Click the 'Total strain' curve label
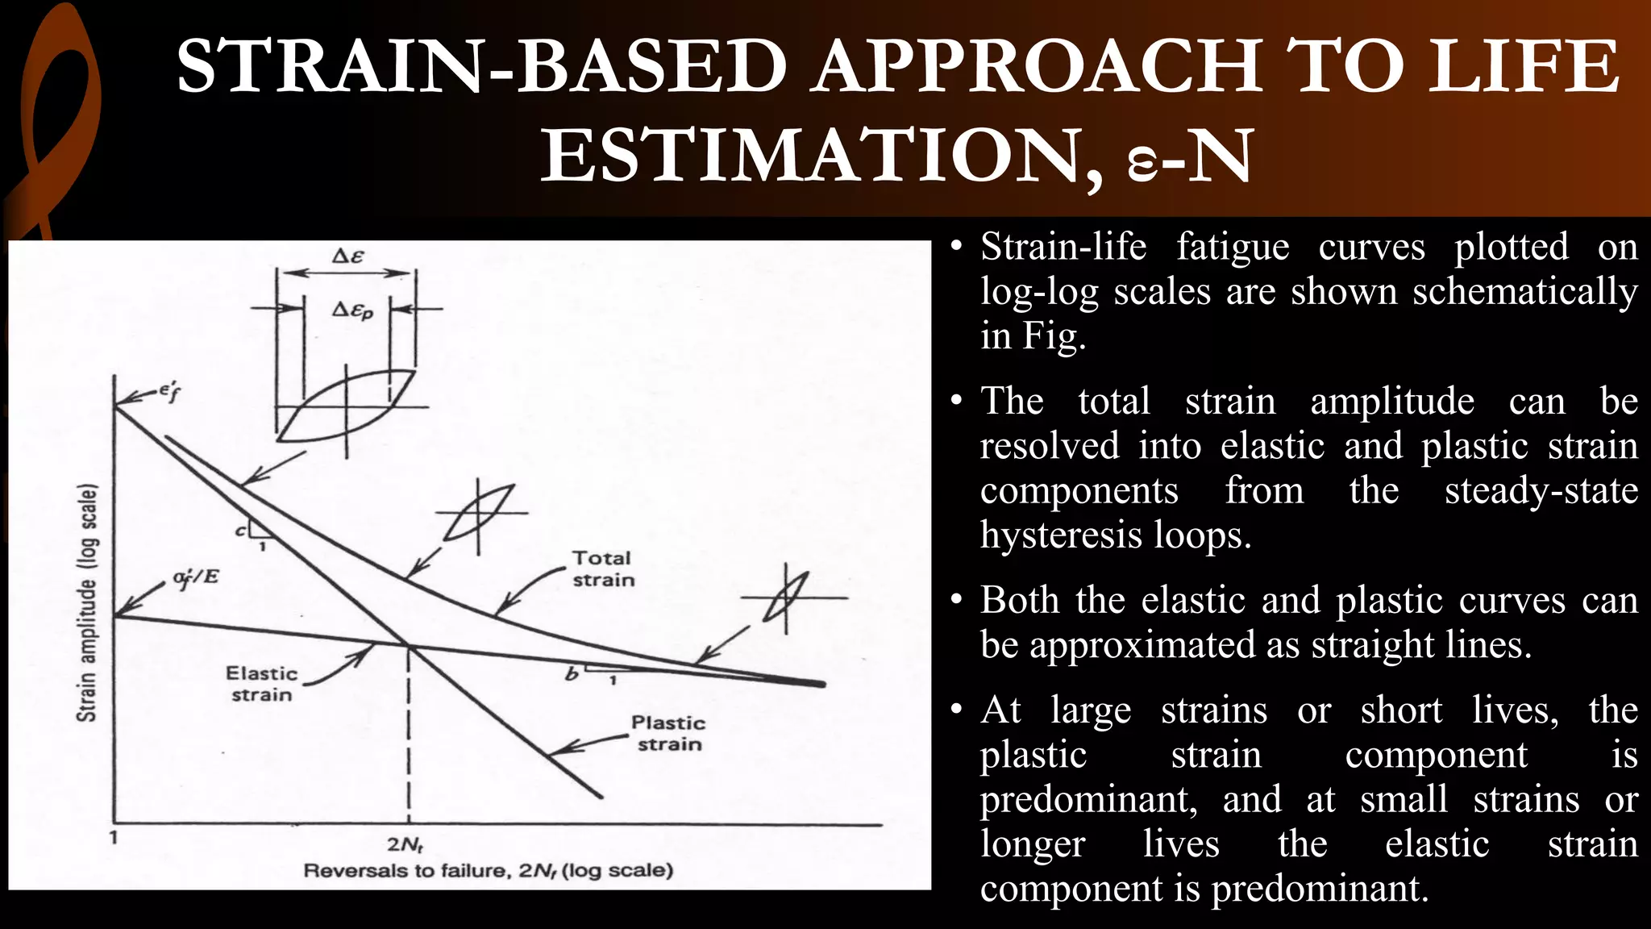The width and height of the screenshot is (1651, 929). click(x=603, y=569)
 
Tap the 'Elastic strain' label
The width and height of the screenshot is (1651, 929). click(x=261, y=684)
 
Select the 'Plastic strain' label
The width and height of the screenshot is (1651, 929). click(x=668, y=733)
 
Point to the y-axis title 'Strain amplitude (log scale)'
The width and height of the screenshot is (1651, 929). click(x=87, y=602)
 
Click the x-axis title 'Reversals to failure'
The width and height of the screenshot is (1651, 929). click(x=488, y=871)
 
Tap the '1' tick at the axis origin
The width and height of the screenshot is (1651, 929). click(x=114, y=837)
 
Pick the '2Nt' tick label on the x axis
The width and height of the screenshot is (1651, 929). click(x=405, y=845)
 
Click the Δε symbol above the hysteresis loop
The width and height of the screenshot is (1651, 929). click(x=348, y=256)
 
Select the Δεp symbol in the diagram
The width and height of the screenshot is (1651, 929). click(x=352, y=310)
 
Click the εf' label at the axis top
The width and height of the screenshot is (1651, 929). click(x=169, y=393)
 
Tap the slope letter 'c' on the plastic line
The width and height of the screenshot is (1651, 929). click(x=240, y=531)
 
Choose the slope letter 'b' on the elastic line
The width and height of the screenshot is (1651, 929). click(x=572, y=674)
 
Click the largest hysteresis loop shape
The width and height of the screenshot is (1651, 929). click(x=347, y=406)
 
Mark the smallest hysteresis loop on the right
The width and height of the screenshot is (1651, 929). click(x=786, y=598)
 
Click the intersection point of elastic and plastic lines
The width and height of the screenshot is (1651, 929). click(x=409, y=645)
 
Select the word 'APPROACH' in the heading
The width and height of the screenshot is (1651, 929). click(x=1037, y=66)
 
